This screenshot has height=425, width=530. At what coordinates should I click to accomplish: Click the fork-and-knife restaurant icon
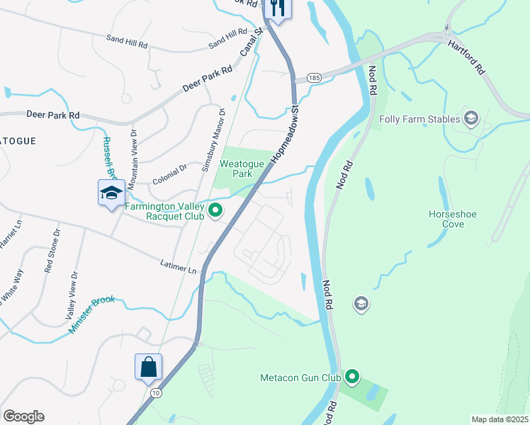coord(277,8)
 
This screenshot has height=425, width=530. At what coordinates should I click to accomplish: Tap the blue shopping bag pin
coord(149,368)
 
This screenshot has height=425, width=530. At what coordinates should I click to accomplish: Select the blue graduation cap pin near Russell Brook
coord(111,193)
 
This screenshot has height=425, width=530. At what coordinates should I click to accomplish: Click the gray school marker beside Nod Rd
coord(361,304)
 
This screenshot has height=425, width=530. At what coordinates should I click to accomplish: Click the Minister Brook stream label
coord(91,314)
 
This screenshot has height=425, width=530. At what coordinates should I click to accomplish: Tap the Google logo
coord(23,416)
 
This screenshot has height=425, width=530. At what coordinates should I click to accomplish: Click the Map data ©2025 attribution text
coord(500,419)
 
